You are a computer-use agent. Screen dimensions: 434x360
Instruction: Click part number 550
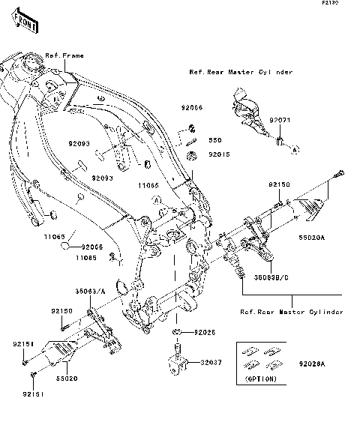pyautogui.click(x=214, y=139)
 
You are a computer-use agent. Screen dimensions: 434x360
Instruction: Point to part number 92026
pyautogui.click(x=204, y=332)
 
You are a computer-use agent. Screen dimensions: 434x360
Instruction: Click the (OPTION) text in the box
pyautogui.click(x=261, y=380)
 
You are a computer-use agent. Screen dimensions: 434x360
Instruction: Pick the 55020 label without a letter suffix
pyautogui.click(x=67, y=379)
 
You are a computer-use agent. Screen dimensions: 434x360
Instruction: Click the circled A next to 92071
pyautogui.click(x=295, y=150)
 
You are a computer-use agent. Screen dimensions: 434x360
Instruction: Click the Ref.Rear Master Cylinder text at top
pyautogui.click(x=240, y=73)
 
